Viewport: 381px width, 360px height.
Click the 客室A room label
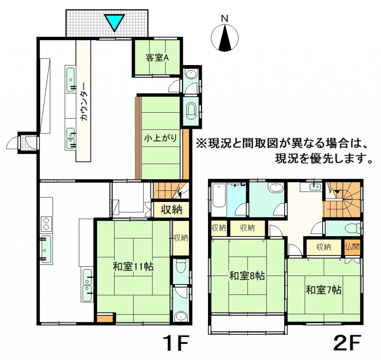coord(157,58)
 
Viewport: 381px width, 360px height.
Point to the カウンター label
coord(84,102)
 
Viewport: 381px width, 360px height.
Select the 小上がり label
coord(161,138)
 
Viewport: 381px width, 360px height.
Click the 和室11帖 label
coord(133,267)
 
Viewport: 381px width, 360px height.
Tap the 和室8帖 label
coord(247,276)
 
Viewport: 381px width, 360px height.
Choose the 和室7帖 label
coord(323,290)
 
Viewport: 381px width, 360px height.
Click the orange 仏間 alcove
coord(352,247)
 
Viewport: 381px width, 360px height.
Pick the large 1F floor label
coord(176,343)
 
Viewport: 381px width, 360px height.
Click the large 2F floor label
coord(347,343)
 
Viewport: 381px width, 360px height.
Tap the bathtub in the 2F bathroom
coord(219,199)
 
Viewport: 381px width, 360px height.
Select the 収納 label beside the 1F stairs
coord(171,209)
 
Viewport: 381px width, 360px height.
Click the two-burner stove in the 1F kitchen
coord(46,224)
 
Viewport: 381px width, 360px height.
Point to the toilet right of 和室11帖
coord(181,266)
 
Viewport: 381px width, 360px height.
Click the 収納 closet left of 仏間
coord(323,247)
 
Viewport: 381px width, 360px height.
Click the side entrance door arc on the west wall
coord(12,142)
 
